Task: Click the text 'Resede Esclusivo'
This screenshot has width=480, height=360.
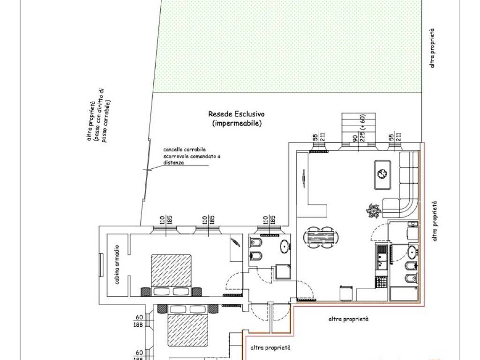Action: click(237, 114)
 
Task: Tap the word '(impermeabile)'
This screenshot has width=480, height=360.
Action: click(236, 124)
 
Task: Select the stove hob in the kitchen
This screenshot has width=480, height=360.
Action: click(381, 282)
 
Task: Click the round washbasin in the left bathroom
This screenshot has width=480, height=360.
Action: click(284, 246)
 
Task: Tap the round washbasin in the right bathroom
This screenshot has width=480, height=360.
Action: click(412, 252)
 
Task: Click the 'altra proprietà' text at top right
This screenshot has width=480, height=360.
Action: click(432, 48)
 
